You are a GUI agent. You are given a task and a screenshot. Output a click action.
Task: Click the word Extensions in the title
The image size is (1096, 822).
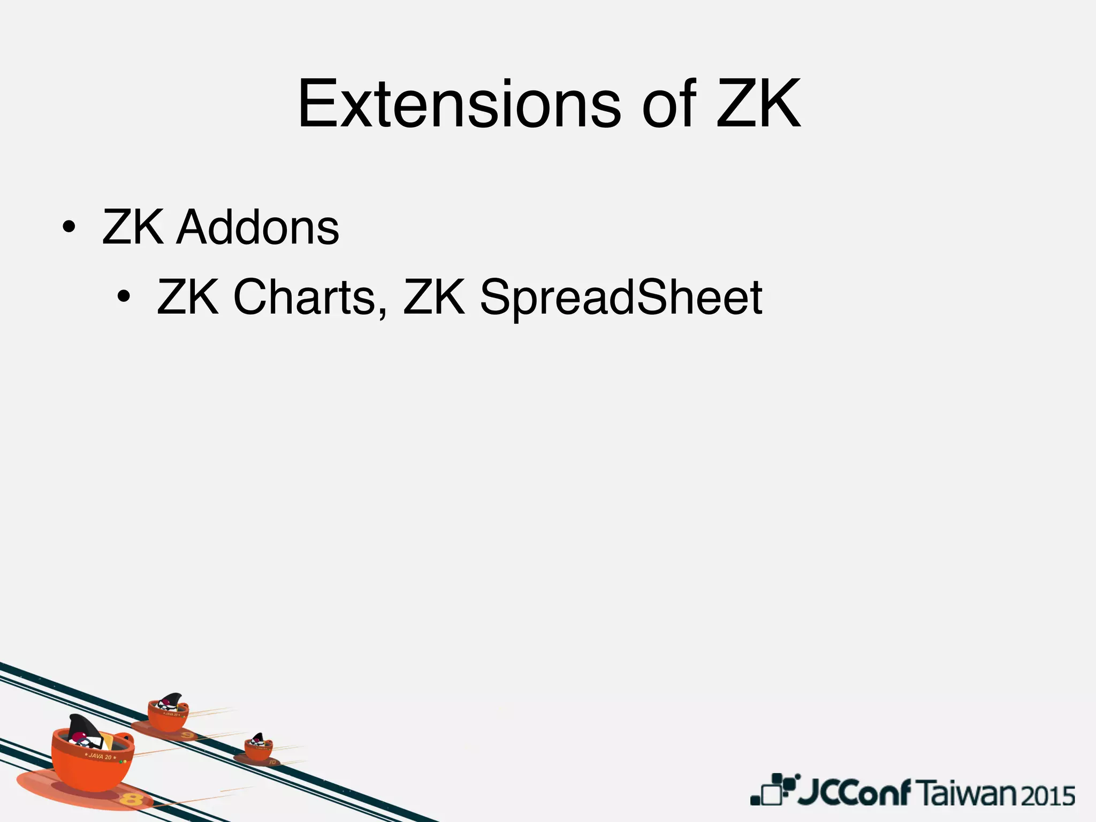click(x=459, y=104)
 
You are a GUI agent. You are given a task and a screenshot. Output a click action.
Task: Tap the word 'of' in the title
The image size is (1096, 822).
click(x=669, y=104)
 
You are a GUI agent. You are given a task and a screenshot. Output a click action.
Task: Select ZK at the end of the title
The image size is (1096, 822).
click(x=759, y=104)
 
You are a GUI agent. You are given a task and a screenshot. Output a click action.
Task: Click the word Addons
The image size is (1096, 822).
click(x=258, y=227)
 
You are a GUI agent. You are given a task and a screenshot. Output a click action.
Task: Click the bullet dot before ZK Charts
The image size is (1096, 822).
click(x=124, y=297)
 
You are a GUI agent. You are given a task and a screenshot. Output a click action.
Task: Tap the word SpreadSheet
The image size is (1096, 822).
click(x=621, y=298)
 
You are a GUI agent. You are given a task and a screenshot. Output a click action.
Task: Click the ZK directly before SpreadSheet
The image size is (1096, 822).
click(x=434, y=297)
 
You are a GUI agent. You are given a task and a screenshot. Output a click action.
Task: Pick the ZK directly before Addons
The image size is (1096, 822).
click(x=133, y=227)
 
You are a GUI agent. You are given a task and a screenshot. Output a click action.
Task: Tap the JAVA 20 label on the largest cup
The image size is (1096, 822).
click(x=100, y=757)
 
